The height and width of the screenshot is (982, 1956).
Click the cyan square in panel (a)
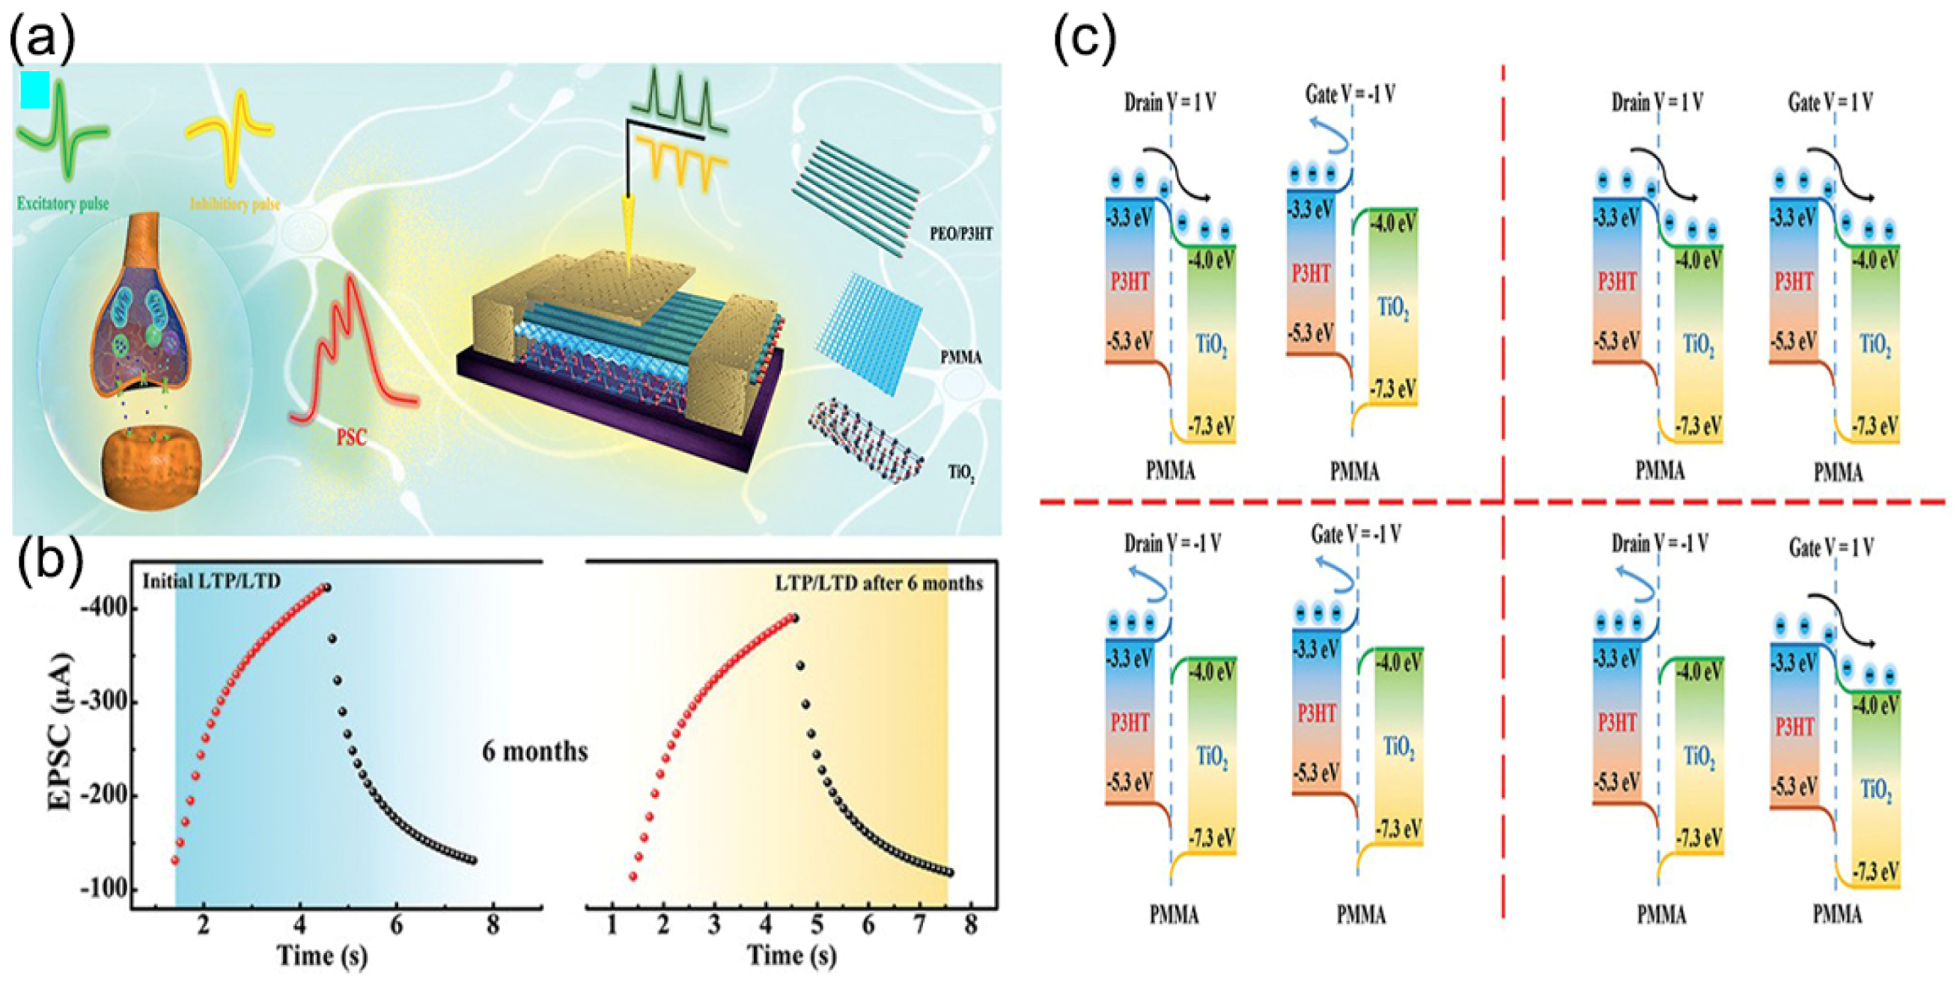35,90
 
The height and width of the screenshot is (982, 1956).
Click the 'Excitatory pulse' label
62,204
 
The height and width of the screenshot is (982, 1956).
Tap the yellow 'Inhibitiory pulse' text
234,204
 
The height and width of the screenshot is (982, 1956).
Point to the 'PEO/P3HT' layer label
961,234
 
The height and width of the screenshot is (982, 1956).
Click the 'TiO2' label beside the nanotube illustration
961,473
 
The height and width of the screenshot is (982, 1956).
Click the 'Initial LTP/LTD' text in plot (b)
212,581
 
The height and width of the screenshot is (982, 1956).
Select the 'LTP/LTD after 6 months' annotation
879,583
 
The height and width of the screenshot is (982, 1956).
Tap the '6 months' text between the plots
534,751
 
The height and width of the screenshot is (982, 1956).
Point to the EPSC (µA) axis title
60,732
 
